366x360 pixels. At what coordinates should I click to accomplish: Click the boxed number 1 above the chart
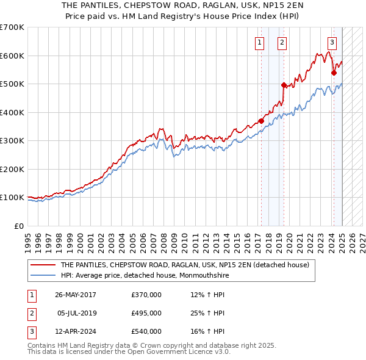260,42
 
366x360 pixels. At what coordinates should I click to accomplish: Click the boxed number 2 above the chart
282,42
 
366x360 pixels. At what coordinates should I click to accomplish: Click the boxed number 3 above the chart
332,42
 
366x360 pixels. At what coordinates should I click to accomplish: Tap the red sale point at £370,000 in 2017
261,121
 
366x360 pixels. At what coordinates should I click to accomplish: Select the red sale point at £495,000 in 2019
284,85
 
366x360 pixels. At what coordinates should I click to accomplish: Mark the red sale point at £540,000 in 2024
334,73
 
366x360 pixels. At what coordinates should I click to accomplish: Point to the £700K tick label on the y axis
12,27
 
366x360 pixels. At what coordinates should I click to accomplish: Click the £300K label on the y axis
12,141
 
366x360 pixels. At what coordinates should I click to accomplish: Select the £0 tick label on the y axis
18,226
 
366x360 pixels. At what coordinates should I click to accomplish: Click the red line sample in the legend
43,265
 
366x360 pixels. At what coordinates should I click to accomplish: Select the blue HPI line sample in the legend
43,275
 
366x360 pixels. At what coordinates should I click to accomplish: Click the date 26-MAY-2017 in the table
76,295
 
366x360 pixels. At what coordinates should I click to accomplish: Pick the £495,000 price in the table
146,313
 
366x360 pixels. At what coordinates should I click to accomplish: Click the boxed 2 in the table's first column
31,313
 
